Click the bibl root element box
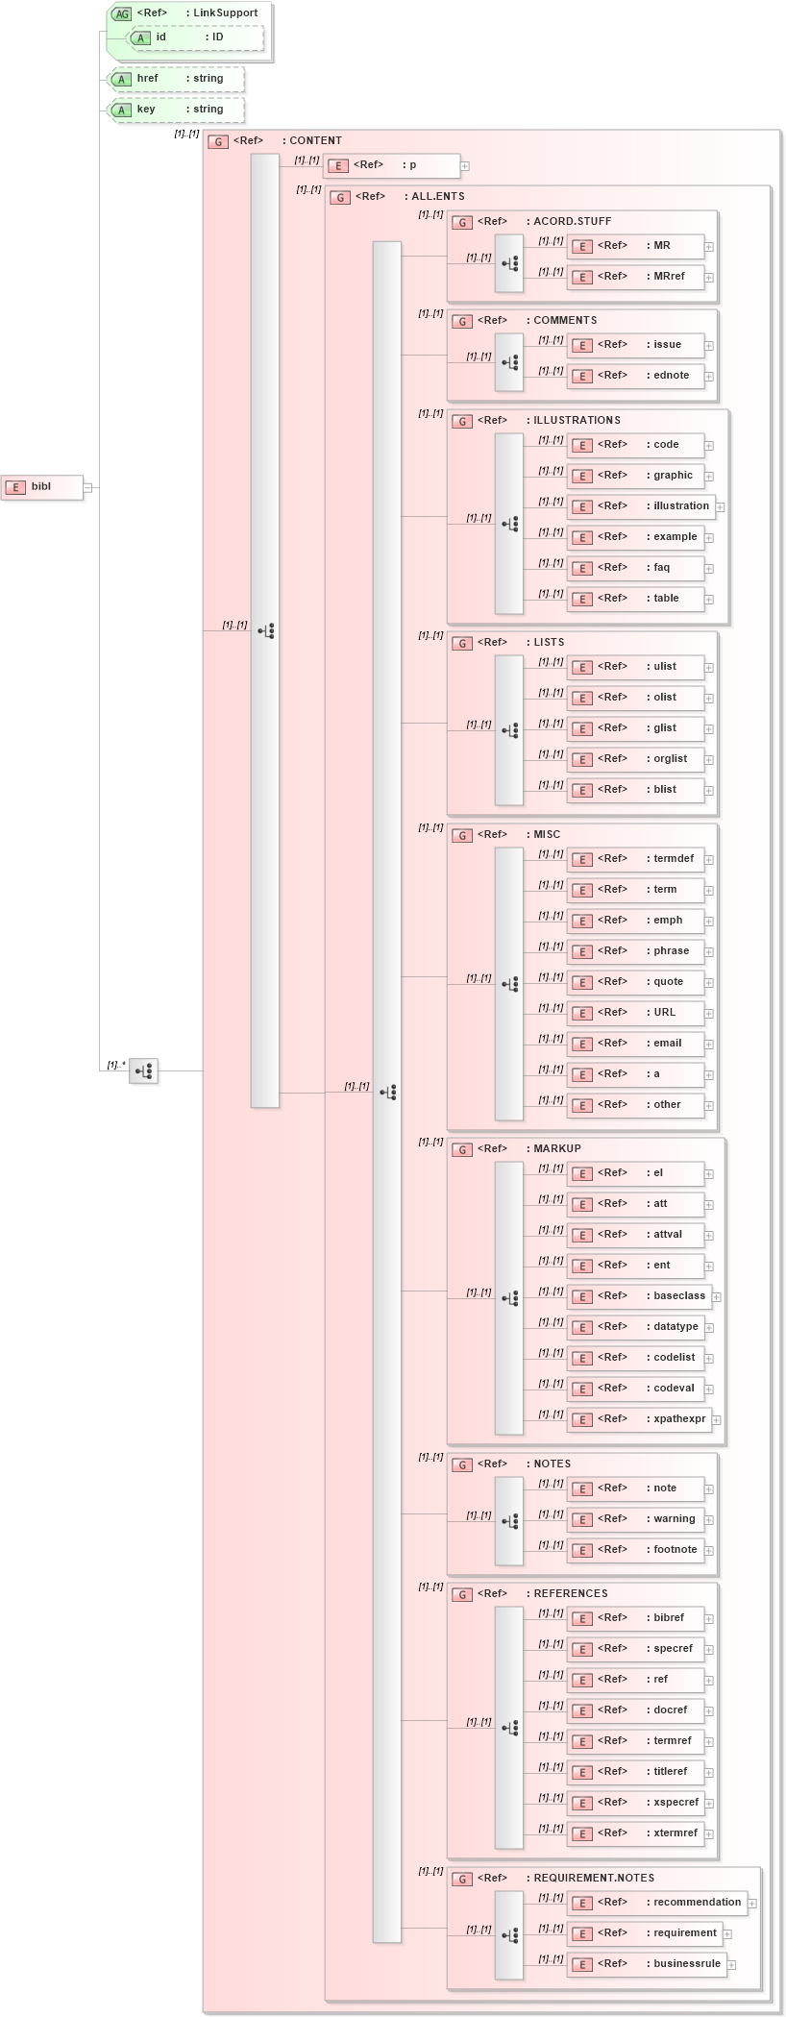pos(41,487)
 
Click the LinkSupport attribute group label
pos(221,13)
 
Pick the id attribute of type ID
pos(196,37)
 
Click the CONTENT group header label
pos(315,141)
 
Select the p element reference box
pos(391,165)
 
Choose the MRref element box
pos(636,277)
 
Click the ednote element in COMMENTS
pos(636,376)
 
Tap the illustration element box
pos(641,506)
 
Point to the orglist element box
pos(636,759)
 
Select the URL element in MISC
pos(636,1013)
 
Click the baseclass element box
pos(639,1296)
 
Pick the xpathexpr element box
pos(639,1419)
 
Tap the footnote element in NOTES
pos(636,1550)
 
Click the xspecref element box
pos(636,1803)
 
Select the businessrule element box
pos(646,1964)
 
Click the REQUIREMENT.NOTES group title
pos(594,1879)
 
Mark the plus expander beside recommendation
pos(752,1904)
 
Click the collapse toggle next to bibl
pos(87,487)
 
